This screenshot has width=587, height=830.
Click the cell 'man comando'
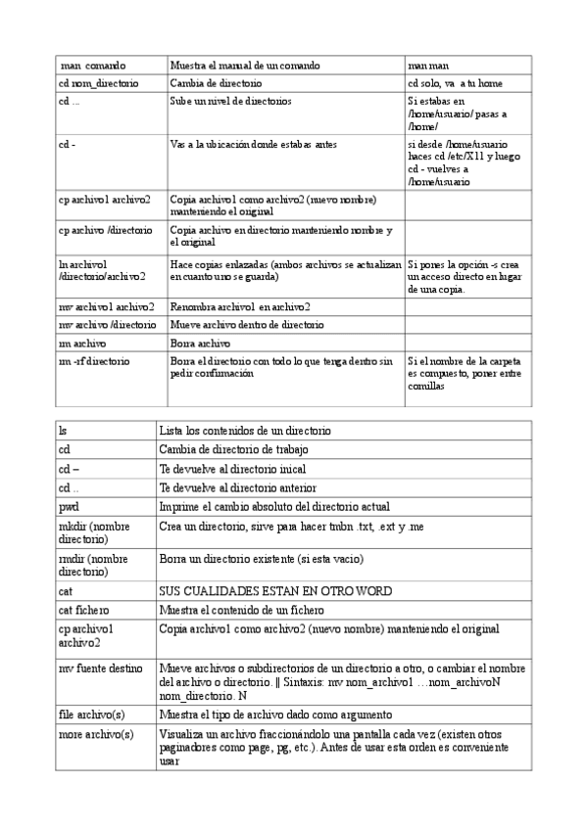pos(92,65)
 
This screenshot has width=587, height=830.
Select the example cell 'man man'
pos(428,65)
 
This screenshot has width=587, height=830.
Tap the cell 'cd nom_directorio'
pos(98,83)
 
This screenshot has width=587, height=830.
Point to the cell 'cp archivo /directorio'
pos(105,230)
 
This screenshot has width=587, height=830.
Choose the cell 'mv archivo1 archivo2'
pos(107,306)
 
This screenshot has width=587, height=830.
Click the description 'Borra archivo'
pos(200,344)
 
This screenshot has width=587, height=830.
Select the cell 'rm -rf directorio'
pos(94,361)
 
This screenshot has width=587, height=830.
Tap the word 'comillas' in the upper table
pos(427,386)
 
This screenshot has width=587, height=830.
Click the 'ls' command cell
pos(64,430)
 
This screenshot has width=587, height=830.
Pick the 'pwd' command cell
pos(69,506)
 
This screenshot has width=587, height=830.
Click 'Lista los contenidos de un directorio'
pos(245,430)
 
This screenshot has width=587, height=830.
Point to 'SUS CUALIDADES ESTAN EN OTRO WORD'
pos(275,590)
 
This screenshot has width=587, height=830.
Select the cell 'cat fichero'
pos(83,609)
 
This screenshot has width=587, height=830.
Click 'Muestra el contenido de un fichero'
pos(241,609)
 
